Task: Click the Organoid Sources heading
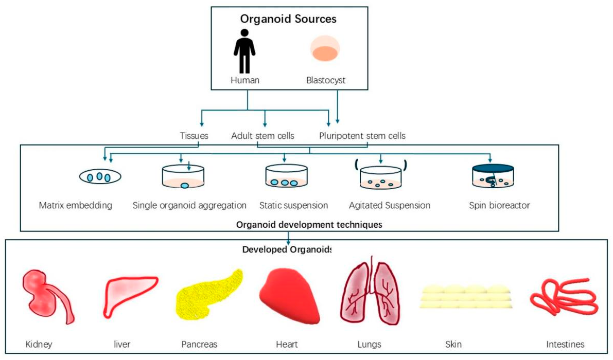[288, 19]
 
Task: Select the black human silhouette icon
[244, 51]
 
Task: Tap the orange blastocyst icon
[324, 49]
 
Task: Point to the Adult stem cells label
[262, 136]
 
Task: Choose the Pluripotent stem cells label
[362, 136]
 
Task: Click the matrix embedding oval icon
[100, 176]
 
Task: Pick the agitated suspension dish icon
[381, 178]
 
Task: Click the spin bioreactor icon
[493, 176]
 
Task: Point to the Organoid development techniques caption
[309, 225]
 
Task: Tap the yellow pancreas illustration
[208, 294]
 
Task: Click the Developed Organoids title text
[287, 249]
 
